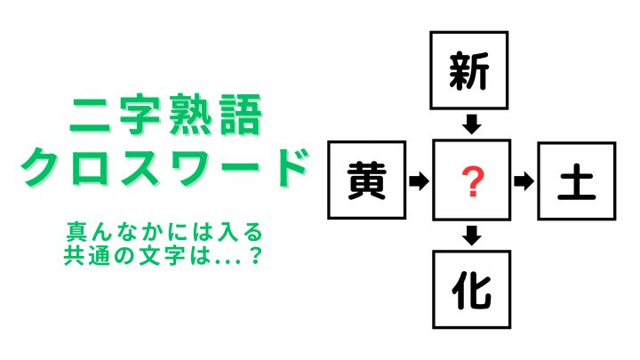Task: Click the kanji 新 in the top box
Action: coord(468,70)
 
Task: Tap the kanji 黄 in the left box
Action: coord(366,180)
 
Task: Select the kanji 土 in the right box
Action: coord(576,181)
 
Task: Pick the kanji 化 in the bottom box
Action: coord(472,290)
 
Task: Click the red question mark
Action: coord(472,182)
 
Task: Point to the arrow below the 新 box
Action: coord(472,124)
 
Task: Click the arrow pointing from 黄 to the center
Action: coord(419,180)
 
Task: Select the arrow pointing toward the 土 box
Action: coord(524,181)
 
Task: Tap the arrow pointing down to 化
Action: coord(472,235)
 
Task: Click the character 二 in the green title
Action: coord(90,115)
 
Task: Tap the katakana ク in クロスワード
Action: coord(42,167)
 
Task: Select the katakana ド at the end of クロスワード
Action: coord(288,167)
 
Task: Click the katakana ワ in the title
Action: coord(192,167)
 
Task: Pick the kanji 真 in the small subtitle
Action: coord(76,232)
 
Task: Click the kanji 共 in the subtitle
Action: coord(74,255)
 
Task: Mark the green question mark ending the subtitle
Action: coord(255,255)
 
